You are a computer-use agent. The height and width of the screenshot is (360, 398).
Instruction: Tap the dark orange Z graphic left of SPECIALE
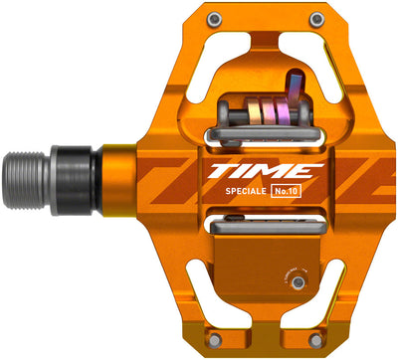tap(169, 179)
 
